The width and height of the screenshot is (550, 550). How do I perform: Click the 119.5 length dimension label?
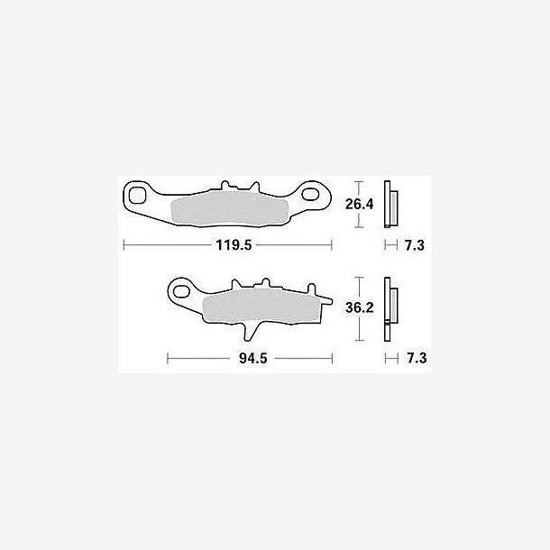(x=234, y=245)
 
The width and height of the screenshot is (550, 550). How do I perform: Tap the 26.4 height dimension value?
(x=359, y=204)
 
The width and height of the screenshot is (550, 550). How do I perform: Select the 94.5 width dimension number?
(x=252, y=358)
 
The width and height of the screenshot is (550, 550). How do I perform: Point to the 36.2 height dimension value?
(x=359, y=307)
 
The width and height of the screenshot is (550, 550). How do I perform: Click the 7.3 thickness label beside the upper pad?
(x=415, y=245)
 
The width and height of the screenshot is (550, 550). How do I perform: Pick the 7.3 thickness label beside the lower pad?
(x=417, y=358)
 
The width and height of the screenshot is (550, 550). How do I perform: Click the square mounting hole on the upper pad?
(x=137, y=195)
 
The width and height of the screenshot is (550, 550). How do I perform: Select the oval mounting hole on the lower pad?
(x=181, y=291)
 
